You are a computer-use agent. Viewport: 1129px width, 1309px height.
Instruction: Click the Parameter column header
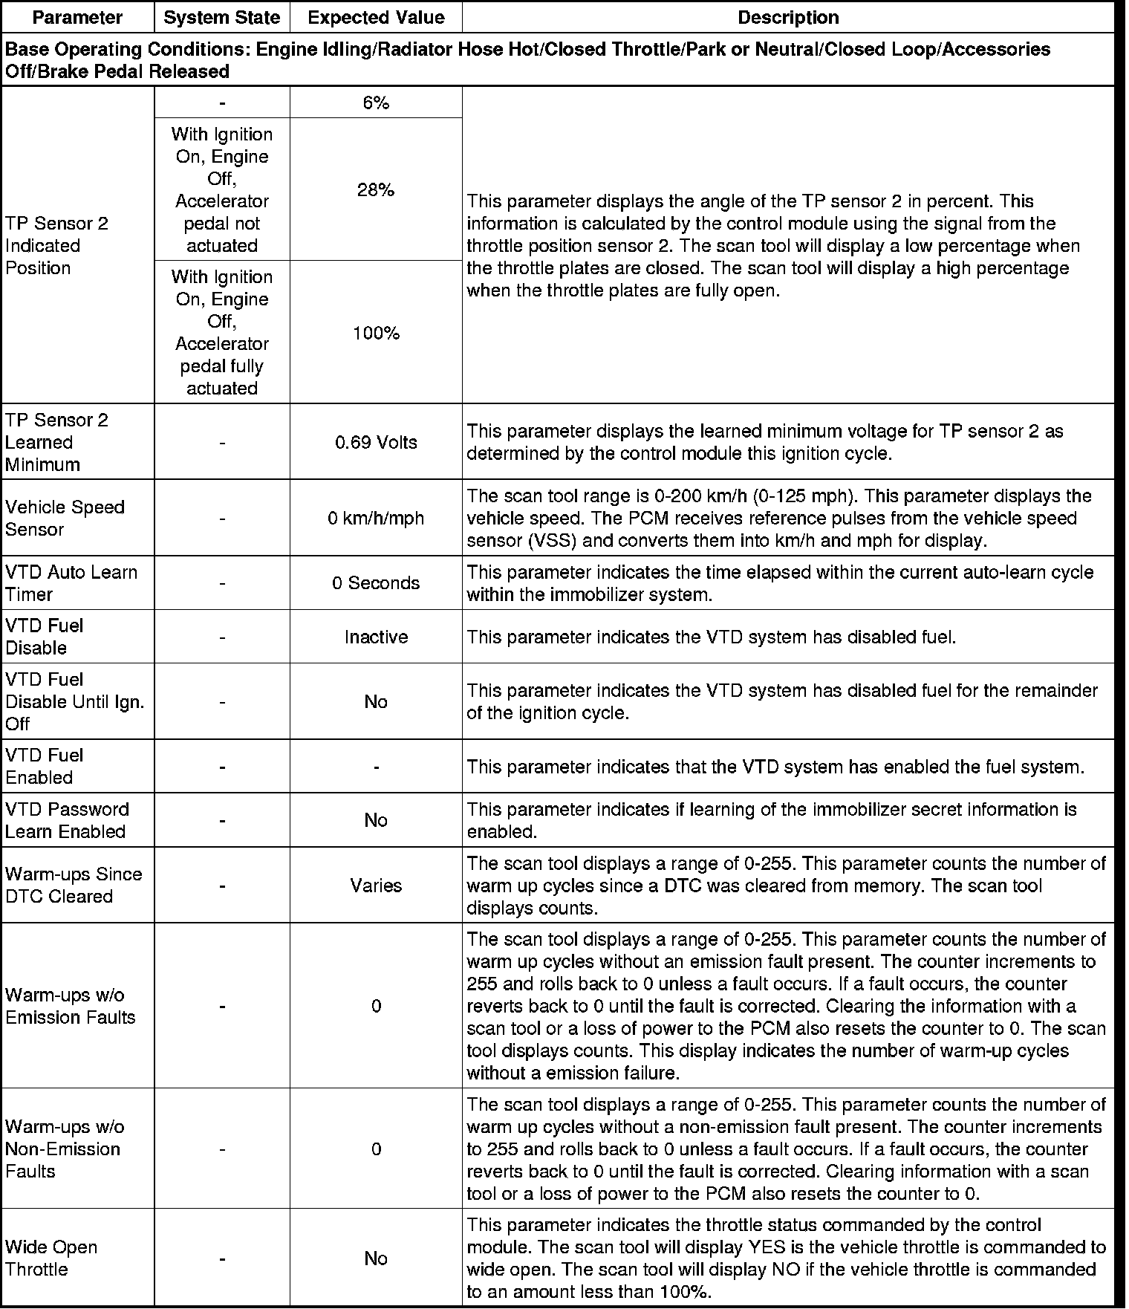tap(77, 18)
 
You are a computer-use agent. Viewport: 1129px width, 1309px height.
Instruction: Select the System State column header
tap(221, 18)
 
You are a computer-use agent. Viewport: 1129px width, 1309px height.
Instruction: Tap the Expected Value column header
tap(376, 18)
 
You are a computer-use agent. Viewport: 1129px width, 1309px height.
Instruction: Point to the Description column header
tap(788, 18)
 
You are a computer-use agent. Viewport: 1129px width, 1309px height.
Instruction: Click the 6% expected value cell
tap(376, 103)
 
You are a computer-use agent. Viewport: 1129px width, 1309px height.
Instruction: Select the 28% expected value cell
tap(376, 190)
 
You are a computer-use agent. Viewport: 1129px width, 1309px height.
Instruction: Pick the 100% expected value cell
tap(376, 334)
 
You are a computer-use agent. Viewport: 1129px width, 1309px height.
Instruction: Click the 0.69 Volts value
tap(376, 443)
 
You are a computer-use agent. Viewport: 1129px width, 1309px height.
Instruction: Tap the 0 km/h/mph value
tap(376, 519)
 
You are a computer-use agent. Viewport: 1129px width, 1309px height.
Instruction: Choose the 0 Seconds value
tap(376, 583)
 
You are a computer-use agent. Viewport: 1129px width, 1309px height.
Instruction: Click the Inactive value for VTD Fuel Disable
tap(376, 637)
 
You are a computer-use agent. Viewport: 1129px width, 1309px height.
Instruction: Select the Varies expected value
tap(376, 886)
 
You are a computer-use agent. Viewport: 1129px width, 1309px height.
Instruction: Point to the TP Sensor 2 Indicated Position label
tap(56, 246)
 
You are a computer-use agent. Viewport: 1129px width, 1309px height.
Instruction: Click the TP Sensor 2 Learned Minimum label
tap(56, 443)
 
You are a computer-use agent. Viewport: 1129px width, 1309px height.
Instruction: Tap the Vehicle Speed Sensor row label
tap(65, 519)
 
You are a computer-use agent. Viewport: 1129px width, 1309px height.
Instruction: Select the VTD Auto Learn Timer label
tap(71, 583)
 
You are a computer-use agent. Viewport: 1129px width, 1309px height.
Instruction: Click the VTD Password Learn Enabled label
tap(67, 820)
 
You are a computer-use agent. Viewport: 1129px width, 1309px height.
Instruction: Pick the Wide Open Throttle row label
tap(51, 1258)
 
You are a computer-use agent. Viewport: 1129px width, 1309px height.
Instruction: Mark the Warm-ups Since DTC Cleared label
tap(73, 886)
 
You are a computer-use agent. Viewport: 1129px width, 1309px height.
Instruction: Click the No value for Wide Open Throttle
tap(376, 1258)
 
